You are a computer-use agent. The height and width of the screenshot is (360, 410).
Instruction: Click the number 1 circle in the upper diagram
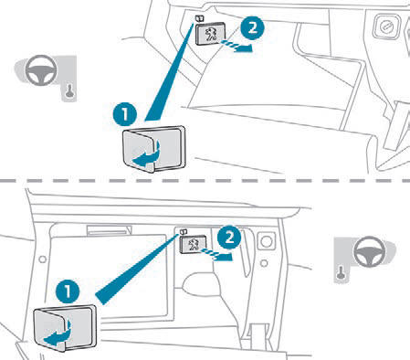point(125,114)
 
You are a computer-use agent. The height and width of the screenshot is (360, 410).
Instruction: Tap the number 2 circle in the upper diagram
point(252,28)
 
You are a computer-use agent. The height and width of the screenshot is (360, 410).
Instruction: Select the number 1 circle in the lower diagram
point(68,291)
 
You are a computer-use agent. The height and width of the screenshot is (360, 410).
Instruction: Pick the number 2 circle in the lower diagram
point(229,237)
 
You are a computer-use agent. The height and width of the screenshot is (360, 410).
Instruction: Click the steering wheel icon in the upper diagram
point(41,69)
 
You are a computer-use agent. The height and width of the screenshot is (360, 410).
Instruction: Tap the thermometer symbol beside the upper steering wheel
point(70,91)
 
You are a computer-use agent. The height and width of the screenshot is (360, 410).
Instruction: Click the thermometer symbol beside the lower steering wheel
point(341,272)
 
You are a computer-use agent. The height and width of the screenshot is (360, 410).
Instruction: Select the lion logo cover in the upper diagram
point(210,34)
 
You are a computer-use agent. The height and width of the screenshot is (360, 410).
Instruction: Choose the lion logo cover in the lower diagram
point(193,244)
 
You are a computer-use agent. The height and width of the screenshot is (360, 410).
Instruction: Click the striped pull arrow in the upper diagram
point(237,45)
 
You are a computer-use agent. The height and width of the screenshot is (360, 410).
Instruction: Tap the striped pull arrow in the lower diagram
point(218,254)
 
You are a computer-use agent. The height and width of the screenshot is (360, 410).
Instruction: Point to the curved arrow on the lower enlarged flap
point(58,333)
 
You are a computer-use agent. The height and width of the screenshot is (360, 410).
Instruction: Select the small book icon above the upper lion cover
point(199,19)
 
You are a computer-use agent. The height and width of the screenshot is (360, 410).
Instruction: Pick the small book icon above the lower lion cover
point(183,232)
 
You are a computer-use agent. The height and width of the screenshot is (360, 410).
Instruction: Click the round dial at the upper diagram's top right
point(386,26)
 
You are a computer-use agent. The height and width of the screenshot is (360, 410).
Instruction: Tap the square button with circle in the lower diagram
point(267,242)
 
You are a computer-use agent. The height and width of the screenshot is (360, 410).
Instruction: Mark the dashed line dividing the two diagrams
point(205,181)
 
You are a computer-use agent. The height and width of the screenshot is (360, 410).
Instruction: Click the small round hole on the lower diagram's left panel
point(43,259)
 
